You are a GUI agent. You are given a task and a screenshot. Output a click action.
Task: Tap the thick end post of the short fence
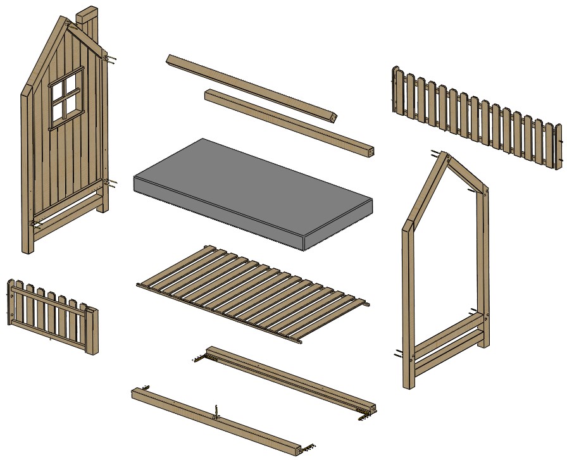(92, 330)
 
